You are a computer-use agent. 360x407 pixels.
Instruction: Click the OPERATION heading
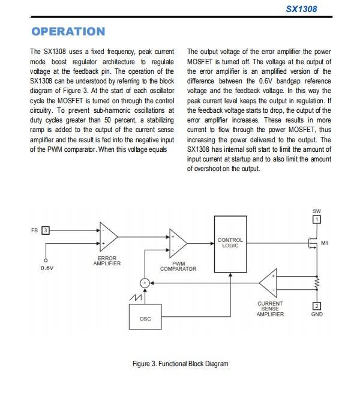coord(68,31)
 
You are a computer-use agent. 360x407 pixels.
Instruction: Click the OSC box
coord(145,318)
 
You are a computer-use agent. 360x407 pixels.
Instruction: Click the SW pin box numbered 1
coord(317,220)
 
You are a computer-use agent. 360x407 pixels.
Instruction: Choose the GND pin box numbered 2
coord(317,306)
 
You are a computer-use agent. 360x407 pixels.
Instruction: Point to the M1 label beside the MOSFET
coord(325,243)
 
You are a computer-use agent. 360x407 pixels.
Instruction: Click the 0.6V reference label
coord(47,268)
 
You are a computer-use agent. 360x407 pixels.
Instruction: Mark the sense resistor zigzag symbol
coord(317,281)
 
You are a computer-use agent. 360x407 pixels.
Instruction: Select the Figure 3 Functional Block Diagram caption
coord(180,363)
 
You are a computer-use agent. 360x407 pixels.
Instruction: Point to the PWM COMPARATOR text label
coord(178,267)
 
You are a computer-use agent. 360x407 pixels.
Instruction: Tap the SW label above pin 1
coord(317,211)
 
